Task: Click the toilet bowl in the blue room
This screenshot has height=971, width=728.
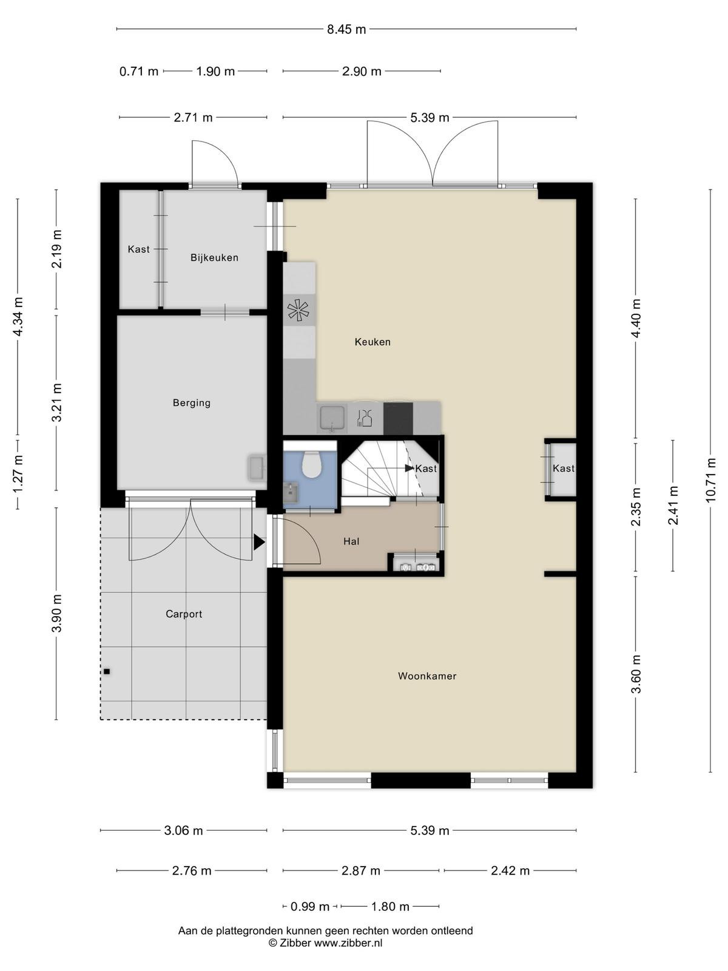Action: [x=311, y=464]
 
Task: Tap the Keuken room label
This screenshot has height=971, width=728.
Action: [x=372, y=342]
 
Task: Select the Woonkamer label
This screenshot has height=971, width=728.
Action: [x=427, y=676]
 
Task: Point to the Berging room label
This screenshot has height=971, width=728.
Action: [x=191, y=403]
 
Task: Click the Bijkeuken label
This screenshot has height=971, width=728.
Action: [x=214, y=257]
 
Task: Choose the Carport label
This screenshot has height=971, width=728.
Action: [x=184, y=614]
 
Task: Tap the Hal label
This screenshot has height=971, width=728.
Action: [x=351, y=541]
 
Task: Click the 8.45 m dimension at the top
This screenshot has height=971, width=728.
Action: [x=346, y=30]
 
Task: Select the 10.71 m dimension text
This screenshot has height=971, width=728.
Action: [x=710, y=480]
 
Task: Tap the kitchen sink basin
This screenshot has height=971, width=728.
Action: [x=333, y=417]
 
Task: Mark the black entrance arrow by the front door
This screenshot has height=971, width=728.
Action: [x=259, y=543]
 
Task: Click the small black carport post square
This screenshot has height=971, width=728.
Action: [x=107, y=672]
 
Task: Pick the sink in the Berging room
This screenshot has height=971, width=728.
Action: [x=257, y=467]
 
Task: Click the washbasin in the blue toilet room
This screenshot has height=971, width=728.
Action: [x=291, y=493]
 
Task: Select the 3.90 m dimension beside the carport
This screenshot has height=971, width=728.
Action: [x=56, y=614]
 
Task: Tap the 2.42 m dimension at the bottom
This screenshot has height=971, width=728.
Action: [x=510, y=871]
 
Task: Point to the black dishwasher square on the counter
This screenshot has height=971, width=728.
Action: [x=398, y=418]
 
